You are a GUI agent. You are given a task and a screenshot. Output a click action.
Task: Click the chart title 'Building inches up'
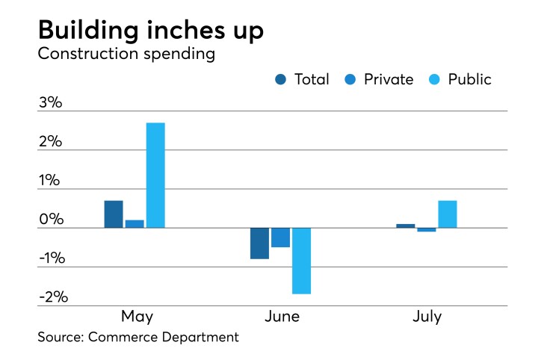(x=149, y=31)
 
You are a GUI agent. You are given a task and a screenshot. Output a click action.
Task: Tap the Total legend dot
(x=281, y=79)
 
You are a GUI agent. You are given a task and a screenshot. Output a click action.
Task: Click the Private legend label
(x=388, y=79)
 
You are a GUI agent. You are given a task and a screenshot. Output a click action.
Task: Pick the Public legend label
(x=469, y=79)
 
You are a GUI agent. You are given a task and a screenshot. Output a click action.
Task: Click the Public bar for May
(x=155, y=175)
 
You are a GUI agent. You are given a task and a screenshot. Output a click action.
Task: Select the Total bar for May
(x=114, y=214)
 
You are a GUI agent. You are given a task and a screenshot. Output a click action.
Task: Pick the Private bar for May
(x=135, y=223)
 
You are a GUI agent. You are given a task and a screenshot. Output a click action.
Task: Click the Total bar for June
(x=259, y=243)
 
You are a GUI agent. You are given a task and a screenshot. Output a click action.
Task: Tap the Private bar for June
(x=280, y=237)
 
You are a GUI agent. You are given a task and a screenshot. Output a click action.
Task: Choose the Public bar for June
(x=301, y=261)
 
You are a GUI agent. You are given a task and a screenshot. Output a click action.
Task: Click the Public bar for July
(x=448, y=214)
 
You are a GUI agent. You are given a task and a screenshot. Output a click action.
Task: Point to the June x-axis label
(x=282, y=317)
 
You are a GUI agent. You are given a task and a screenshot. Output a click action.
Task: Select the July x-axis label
(x=427, y=317)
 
